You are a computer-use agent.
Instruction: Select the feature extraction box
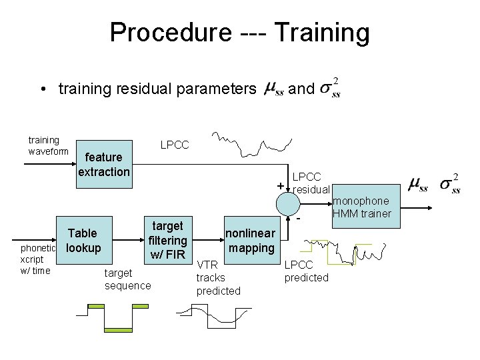[x=104, y=165]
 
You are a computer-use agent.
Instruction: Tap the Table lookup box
[x=83, y=241]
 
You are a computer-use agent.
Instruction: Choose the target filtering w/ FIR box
[x=167, y=240]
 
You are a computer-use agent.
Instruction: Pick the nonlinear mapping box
[x=250, y=241]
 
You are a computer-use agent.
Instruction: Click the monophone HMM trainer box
[x=362, y=207]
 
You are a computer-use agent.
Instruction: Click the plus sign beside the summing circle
[x=281, y=185]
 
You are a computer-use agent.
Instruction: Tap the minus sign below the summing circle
[x=299, y=219]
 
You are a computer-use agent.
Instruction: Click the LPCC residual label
[x=311, y=183]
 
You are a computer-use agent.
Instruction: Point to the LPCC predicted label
[x=306, y=271]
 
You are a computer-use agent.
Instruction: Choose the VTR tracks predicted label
[x=218, y=277]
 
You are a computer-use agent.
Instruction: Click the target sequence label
[x=127, y=279]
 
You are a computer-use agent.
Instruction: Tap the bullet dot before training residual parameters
[x=42, y=89]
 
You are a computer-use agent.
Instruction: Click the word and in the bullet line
[x=302, y=88]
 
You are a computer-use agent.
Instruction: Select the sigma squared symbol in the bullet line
[x=329, y=88]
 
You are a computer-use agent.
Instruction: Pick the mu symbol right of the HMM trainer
[x=419, y=183]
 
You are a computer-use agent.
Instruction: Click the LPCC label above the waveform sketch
[x=175, y=145]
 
